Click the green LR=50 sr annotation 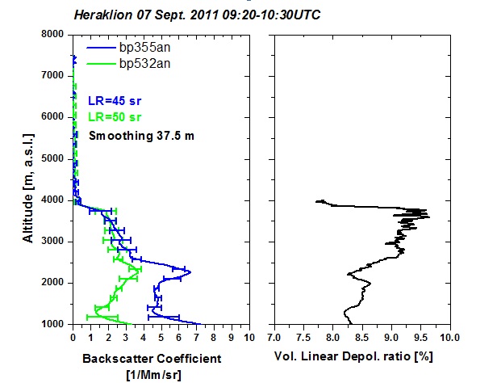click(x=113, y=118)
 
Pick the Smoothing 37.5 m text click(x=141, y=135)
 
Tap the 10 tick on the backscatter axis click(x=248, y=337)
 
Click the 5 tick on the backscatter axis click(x=161, y=337)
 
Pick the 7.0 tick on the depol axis click(x=274, y=337)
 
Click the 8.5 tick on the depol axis click(x=361, y=337)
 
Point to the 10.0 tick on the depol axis click(x=449, y=337)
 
